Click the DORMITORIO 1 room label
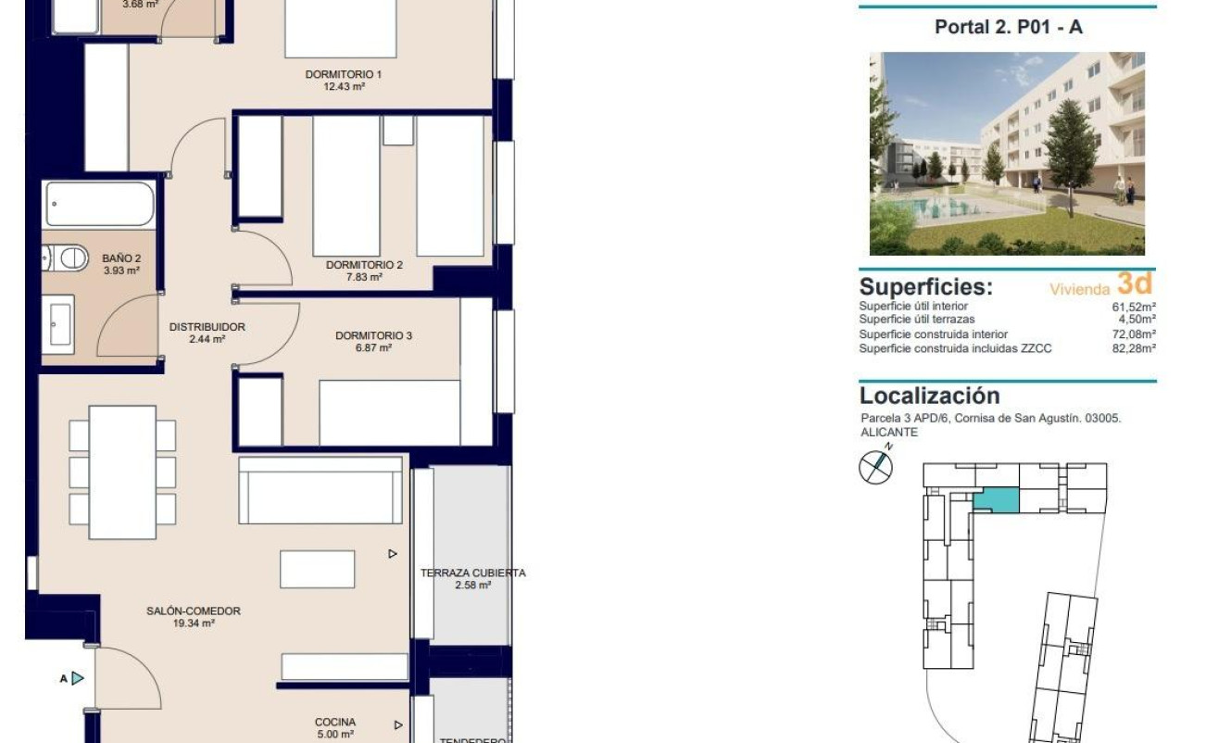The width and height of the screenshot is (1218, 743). [343, 74]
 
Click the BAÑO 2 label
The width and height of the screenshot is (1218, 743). [121, 258]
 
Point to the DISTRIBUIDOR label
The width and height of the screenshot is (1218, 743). [207, 327]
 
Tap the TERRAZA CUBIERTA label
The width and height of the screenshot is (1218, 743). [472, 573]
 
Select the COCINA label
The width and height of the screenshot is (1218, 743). [334, 723]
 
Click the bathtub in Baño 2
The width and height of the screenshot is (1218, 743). [99, 204]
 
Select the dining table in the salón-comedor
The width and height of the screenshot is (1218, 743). [122, 472]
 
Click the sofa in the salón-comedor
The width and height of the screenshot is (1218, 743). [320, 491]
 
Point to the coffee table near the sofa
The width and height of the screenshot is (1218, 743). [317, 569]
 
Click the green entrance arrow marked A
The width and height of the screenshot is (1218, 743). [78, 679]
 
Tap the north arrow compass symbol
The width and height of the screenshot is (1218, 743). [875, 465]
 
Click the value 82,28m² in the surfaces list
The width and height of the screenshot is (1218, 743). [1134, 348]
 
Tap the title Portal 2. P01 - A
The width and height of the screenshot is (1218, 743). [1008, 27]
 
